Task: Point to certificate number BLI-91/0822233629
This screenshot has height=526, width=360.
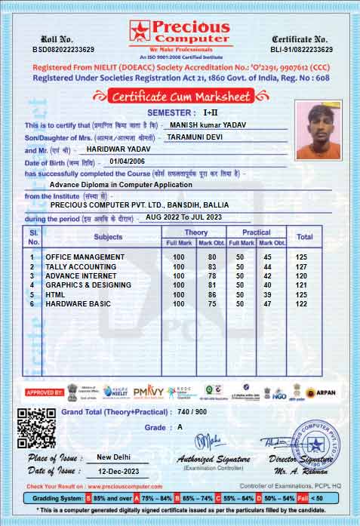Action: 301,49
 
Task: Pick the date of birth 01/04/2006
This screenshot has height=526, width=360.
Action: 126,161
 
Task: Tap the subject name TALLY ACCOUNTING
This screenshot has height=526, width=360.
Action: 82,266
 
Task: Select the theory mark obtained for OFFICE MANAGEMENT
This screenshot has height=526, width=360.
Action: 212,257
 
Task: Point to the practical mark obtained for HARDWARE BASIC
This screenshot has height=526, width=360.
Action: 266,303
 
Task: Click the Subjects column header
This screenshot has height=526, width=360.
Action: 107,237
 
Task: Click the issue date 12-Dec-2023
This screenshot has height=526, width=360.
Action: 116,471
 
